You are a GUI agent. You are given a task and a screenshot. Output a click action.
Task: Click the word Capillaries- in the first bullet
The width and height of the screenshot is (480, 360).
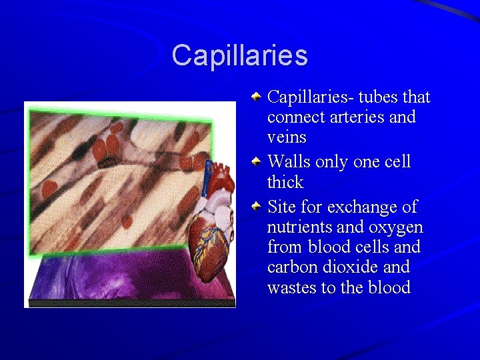click(310, 97)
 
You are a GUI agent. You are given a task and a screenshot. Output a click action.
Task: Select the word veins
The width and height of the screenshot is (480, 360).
click(287, 138)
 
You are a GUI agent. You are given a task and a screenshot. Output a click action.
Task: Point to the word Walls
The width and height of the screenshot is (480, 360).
click(287, 162)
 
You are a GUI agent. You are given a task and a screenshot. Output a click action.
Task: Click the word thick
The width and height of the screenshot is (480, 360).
click(285, 183)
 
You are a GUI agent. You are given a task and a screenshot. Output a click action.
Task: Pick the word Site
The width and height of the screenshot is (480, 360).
click(281, 207)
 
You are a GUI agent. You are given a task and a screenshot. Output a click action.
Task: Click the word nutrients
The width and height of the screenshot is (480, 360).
click(298, 227)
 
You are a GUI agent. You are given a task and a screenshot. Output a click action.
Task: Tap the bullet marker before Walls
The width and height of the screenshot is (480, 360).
click(257, 161)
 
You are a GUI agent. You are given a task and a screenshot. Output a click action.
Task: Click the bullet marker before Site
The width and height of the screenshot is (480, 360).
click(257, 206)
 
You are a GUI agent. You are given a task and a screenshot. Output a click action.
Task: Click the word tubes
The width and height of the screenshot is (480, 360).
click(378, 97)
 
